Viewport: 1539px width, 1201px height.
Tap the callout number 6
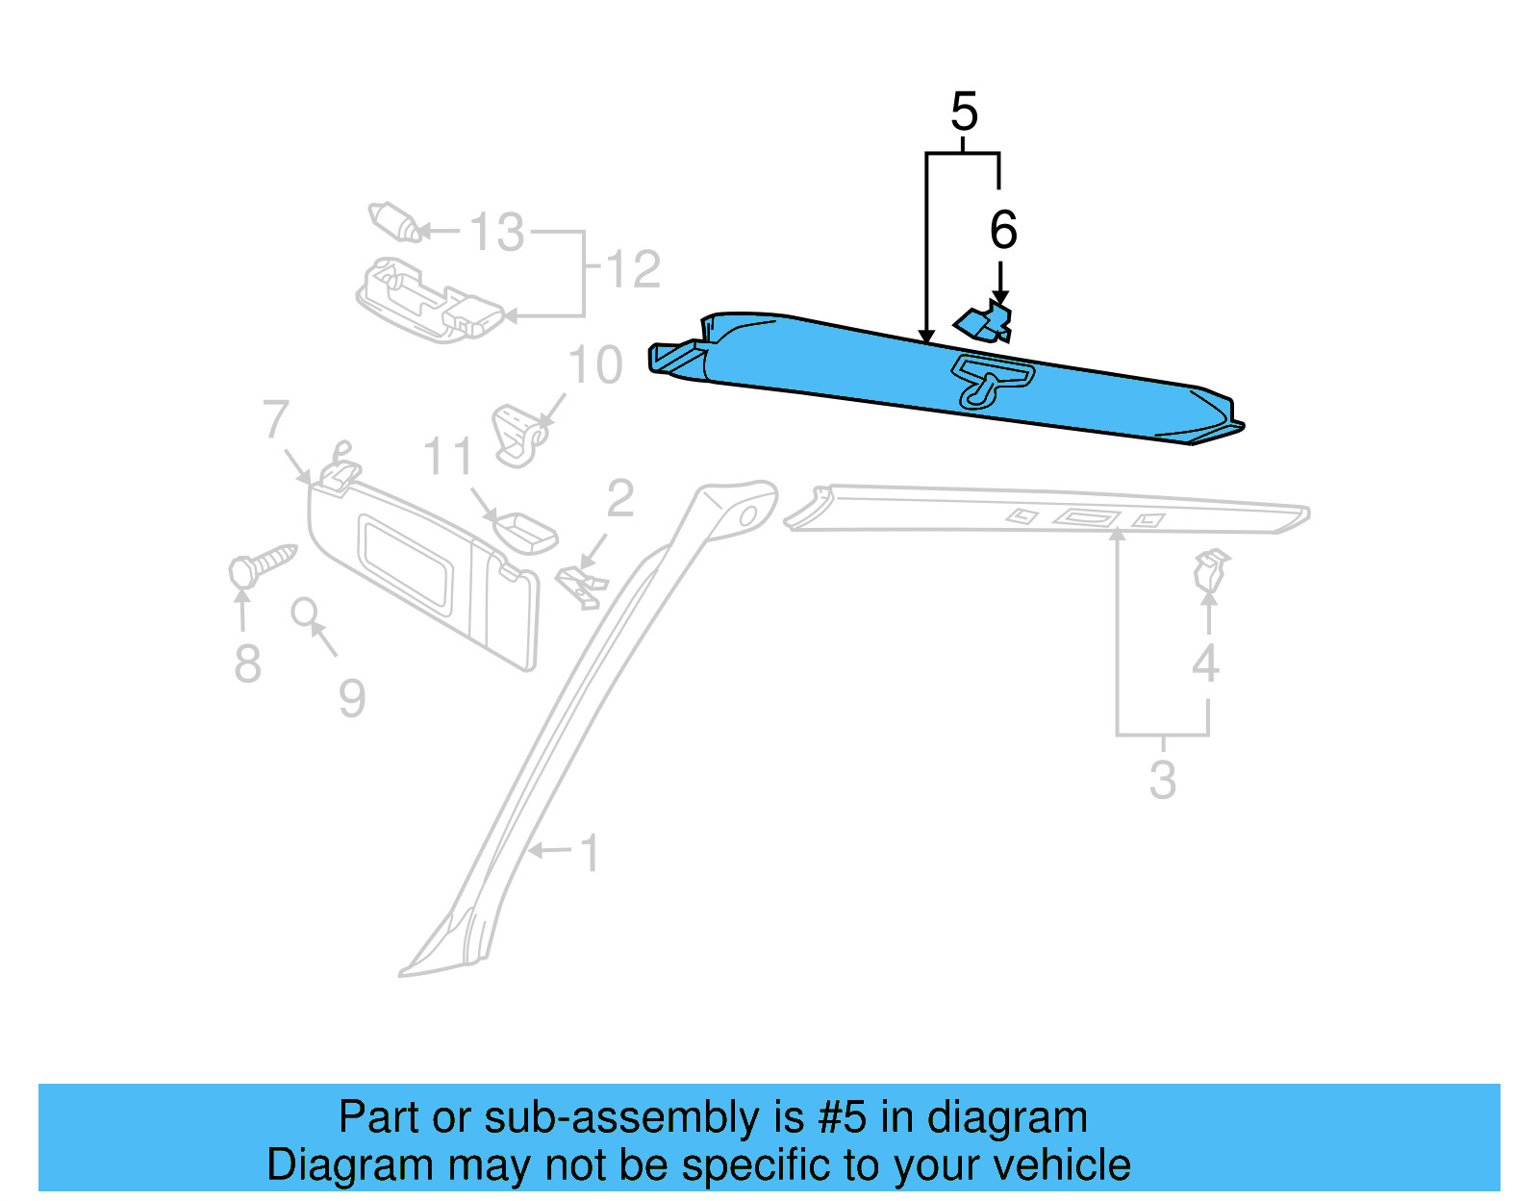coord(1003,230)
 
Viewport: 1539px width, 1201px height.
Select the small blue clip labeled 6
coord(984,323)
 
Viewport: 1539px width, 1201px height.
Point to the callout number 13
coord(497,233)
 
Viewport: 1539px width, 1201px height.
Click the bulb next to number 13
coord(394,222)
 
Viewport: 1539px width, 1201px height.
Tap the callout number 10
coord(595,365)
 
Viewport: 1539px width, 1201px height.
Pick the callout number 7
coord(276,419)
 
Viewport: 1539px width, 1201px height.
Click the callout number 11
coord(448,456)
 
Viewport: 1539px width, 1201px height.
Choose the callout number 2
coord(620,498)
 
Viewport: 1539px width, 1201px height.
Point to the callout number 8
coord(247,663)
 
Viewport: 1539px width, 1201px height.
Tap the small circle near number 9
coord(304,611)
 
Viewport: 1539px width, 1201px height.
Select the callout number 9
coord(352,698)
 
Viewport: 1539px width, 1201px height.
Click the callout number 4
coord(1205,663)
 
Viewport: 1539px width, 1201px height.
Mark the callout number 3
coord(1163,779)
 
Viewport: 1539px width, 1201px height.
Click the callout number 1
coord(591,853)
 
